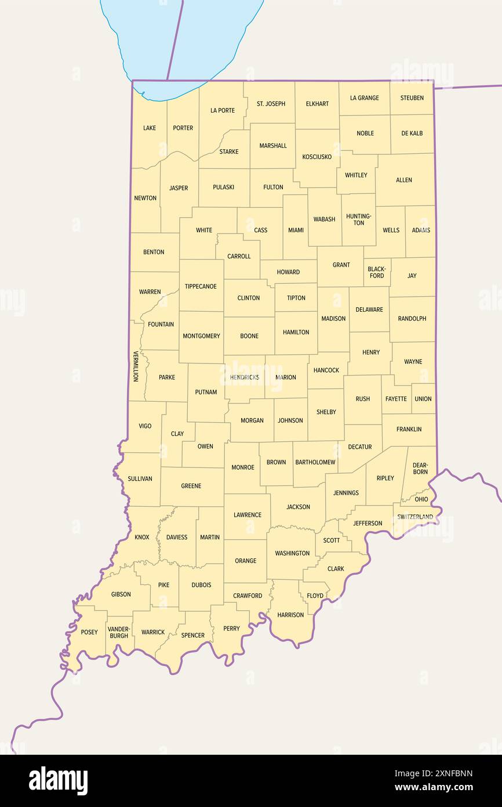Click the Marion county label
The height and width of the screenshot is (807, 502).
pyautogui.click(x=286, y=377)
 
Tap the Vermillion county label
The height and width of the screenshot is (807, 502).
pyautogui.click(x=136, y=366)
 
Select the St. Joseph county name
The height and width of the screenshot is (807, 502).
pyautogui.click(x=271, y=104)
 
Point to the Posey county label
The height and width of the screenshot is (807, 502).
pyautogui.click(x=89, y=632)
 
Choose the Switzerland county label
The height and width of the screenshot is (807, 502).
pyautogui.click(x=415, y=517)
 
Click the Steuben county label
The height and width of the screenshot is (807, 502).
pyautogui.click(x=412, y=98)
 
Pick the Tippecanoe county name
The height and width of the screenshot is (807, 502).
pyautogui.click(x=201, y=286)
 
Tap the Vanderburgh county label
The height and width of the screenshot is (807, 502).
pyautogui.click(x=118, y=632)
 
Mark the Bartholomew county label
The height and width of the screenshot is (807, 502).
pyautogui.click(x=315, y=462)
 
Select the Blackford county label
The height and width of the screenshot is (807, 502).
pyautogui.click(x=377, y=272)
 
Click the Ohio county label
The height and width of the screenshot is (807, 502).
pyautogui.click(x=421, y=499)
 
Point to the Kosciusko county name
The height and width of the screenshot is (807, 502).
pyautogui.click(x=317, y=157)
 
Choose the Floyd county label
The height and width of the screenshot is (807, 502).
pyautogui.click(x=315, y=596)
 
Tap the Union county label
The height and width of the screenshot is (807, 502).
pyautogui.click(x=423, y=399)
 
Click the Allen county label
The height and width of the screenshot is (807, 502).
pyautogui.click(x=404, y=180)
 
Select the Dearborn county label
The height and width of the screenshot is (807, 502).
pyautogui.click(x=420, y=469)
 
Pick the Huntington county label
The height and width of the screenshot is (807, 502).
pyautogui.click(x=359, y=219)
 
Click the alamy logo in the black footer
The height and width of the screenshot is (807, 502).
pyautogui.click(x=59, y=781)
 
